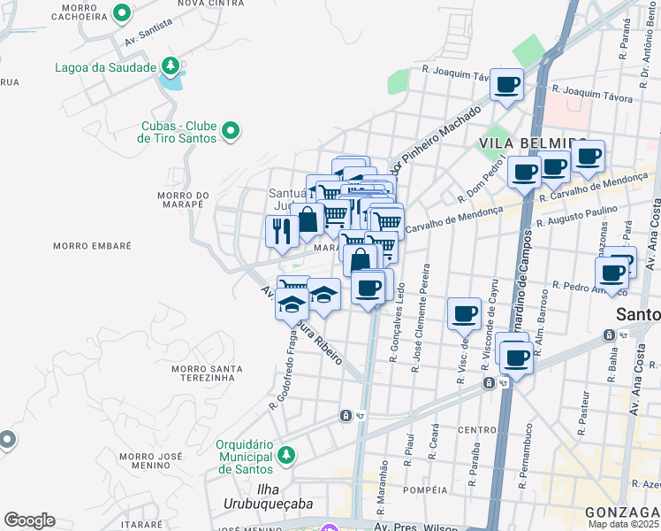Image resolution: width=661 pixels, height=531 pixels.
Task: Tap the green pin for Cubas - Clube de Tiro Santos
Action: point(231,132)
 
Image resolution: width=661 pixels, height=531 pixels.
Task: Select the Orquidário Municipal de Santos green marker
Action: point(285,455)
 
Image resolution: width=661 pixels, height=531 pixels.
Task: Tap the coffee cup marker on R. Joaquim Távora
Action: point(507,85)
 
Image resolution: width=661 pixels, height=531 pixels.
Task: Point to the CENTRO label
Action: point(477,430)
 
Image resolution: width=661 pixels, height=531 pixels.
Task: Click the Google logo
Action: point(28,520)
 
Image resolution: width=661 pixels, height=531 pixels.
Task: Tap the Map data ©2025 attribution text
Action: point(624,524)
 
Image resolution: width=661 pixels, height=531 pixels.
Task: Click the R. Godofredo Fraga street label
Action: point(283,371)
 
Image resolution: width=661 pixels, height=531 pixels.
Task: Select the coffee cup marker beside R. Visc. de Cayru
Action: point(465,313)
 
